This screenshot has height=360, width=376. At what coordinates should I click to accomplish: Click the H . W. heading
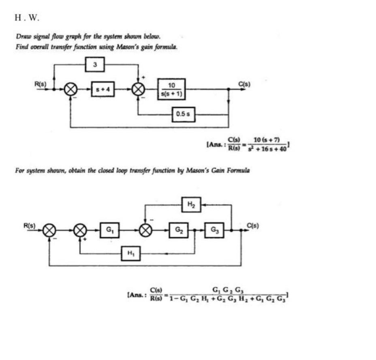coord(27,18)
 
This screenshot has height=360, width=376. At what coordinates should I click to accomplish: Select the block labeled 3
coord(95,64)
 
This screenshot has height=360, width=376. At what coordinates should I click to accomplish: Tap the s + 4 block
coord(103,89)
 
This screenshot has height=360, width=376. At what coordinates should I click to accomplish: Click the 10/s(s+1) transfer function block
coord(171,89)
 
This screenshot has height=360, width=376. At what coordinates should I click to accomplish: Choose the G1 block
coord(109,230)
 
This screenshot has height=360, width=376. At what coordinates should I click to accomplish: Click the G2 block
coord(178,230)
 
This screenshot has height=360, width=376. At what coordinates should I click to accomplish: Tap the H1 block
coord(130,254)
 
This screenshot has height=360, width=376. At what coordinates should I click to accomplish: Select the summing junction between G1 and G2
coord(145,230)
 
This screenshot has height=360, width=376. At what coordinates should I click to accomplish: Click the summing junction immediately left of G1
coord(80,230)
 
